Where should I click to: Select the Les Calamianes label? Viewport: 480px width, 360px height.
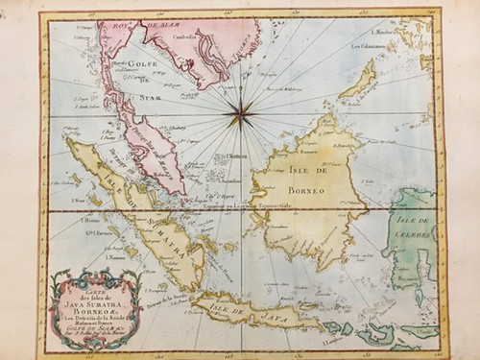pos(368,46)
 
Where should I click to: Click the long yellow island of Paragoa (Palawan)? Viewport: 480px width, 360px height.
pos(357,81)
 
